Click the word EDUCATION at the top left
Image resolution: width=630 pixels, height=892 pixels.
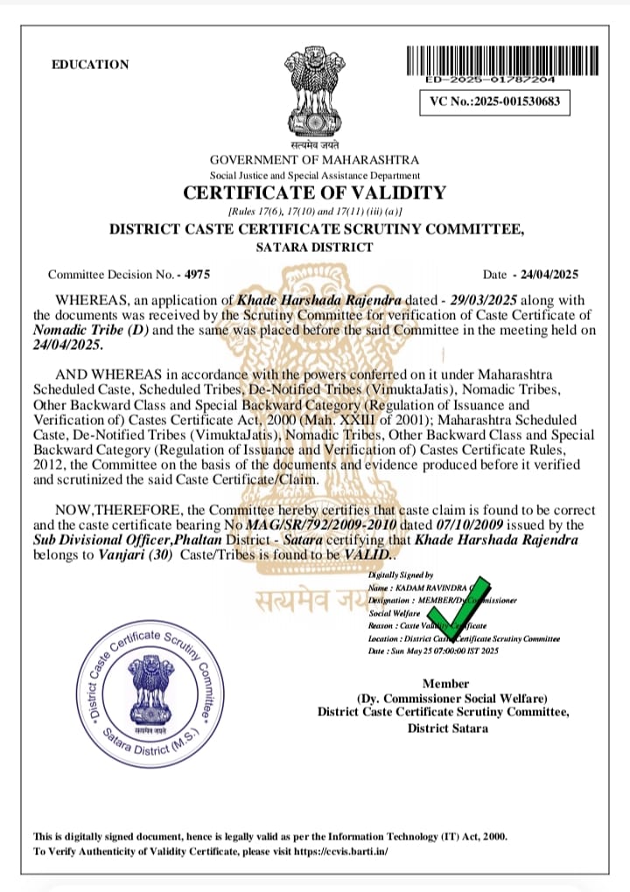90,65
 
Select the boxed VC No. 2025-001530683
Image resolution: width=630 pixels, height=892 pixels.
495,102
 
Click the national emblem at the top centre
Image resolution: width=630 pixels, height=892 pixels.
315,91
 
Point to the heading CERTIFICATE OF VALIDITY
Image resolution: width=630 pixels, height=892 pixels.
314,193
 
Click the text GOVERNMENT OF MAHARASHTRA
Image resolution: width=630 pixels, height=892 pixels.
314,160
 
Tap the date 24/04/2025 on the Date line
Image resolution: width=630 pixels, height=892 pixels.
549,274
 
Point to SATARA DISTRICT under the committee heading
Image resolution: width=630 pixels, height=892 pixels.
314,247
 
